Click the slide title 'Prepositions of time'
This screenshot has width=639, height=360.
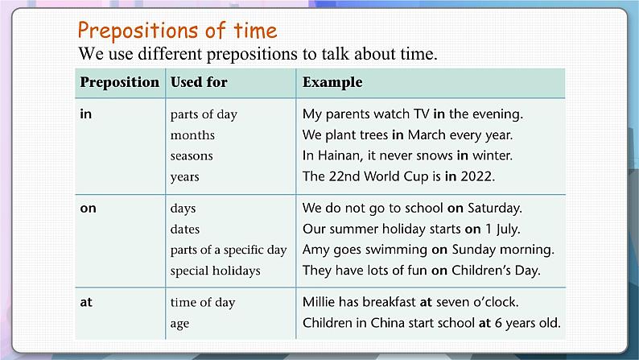177,31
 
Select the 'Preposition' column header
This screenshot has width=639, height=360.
120,82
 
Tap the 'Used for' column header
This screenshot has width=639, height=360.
199,82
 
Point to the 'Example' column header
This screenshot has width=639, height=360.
332,82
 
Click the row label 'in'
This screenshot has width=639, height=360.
86,114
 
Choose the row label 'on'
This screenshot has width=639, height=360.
89,208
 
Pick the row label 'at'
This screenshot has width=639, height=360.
86,303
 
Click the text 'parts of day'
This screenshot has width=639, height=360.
204,114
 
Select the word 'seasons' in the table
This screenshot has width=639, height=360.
192,155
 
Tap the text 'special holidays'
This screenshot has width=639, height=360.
215,271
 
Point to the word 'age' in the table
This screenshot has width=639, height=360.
180,324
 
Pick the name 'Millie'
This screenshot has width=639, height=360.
320,303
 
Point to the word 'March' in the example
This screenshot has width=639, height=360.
426,134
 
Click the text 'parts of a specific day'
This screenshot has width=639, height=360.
229,250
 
